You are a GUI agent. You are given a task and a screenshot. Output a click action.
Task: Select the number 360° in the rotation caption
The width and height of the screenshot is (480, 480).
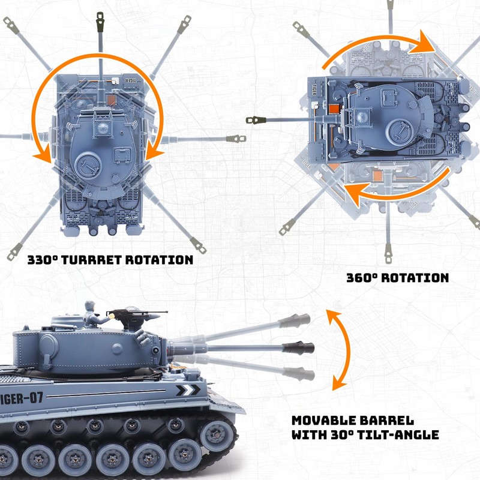point(362,278)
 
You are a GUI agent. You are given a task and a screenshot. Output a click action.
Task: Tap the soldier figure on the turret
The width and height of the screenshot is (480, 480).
point(94,316)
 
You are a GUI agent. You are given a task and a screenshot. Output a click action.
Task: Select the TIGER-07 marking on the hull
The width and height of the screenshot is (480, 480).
point(22,398)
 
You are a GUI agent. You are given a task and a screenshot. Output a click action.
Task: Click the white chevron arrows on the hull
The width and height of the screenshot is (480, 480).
point(188,391)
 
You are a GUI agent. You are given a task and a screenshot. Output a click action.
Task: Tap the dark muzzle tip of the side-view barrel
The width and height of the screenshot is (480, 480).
point(298,348)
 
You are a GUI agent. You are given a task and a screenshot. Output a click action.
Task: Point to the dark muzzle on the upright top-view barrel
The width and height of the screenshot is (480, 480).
point(100,22)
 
